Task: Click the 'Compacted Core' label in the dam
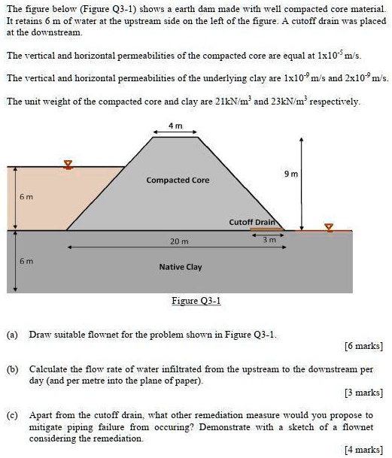(178, 180)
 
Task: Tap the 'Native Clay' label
(181, 267)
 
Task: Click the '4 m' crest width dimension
(176, 126)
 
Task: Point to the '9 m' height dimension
(291, 174)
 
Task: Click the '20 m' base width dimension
(178, 241)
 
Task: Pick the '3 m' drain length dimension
(269, 241)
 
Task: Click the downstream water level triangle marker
(327, 226)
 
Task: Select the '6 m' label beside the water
(26, 197)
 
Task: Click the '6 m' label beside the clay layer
(26, 260)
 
